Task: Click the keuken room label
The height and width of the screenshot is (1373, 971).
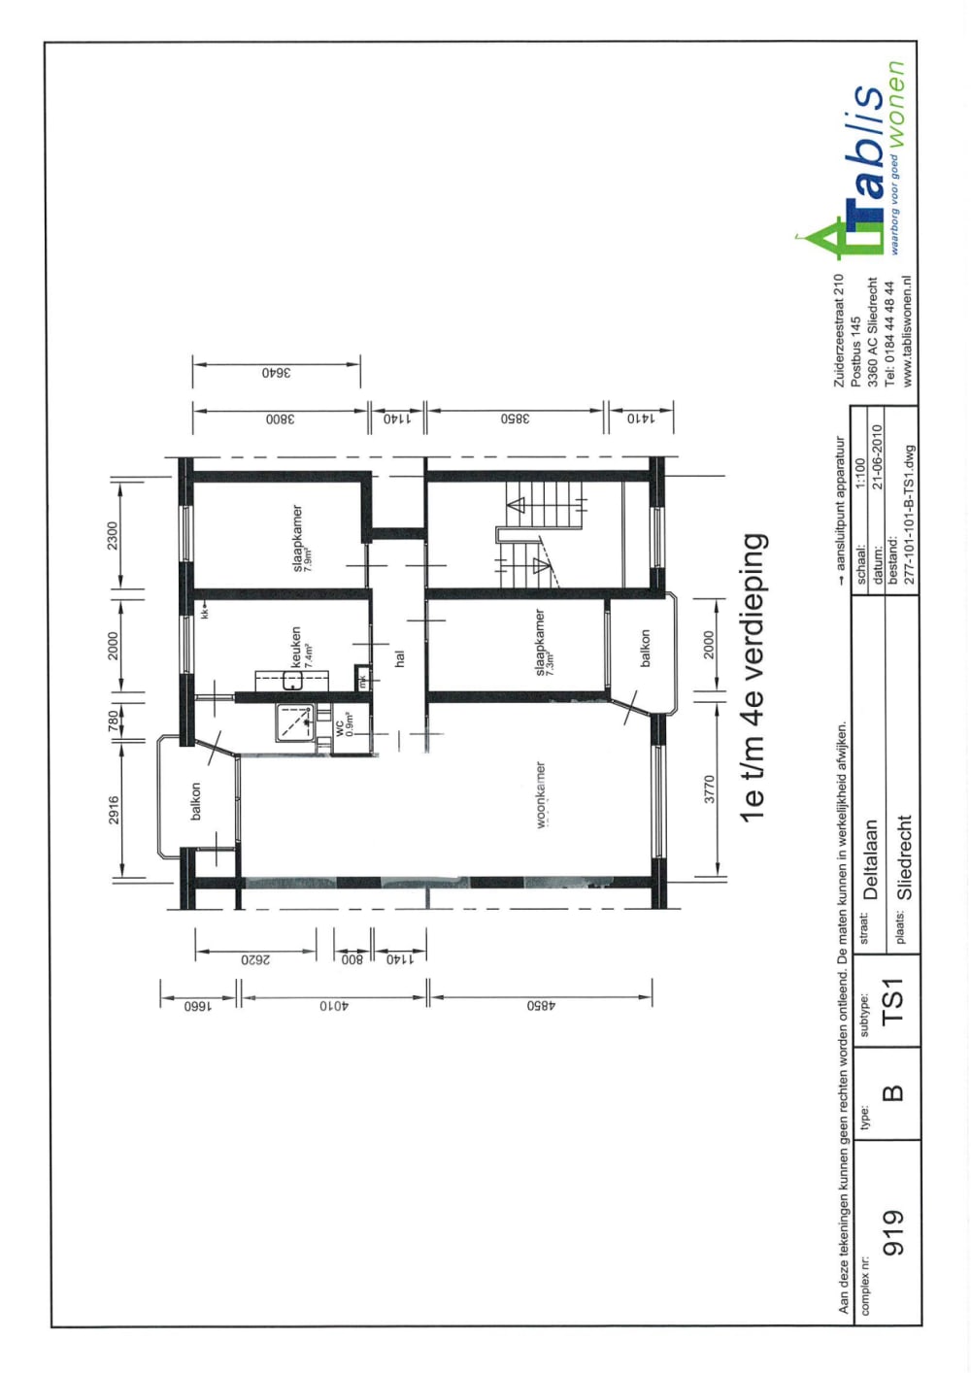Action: [x=296, y=646]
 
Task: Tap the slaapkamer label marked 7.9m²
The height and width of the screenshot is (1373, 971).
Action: [x=298, y=537]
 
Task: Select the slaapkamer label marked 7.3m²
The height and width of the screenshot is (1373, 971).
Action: [x=540, y=642]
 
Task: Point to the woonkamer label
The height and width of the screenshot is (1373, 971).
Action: [x=540, y=794]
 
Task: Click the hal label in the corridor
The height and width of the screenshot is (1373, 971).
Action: [x=399, y=658]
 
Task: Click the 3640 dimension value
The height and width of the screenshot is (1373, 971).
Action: [x=276, y=372]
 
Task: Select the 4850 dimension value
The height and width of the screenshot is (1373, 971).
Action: [x=541, y=1006]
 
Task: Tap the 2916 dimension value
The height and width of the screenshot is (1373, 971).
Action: [x=114, y=810]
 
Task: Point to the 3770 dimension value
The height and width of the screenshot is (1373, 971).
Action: [x=709, y=788]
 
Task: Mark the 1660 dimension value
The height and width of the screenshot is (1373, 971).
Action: [x=198, y=1006]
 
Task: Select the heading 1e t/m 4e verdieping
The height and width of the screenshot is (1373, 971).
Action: [x=753, y=677]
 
